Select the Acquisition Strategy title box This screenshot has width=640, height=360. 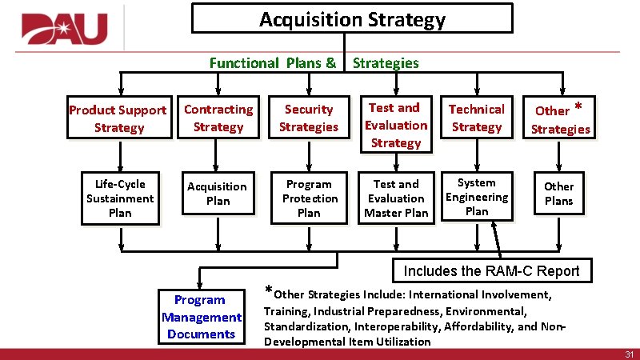click(352, 19)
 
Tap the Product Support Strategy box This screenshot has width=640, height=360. click(118, 118)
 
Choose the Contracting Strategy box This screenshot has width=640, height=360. click(218, 118)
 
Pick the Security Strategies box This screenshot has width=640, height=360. click(308, 118)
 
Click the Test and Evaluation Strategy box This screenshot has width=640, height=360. click(396, 125)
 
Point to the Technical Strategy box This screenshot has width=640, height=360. click(476, 118)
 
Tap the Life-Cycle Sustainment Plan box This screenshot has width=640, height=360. click(120, 198)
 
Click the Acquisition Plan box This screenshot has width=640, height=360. click(218, 194)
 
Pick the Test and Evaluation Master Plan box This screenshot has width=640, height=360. click(396, 198)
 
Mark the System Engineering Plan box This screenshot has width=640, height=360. click(476, 197)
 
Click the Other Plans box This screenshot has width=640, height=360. click(558, 194)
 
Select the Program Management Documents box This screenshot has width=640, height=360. click(200, 317)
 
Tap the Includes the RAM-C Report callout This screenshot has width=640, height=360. click(491, 270)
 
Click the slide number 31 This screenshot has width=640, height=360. click(628, 354)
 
